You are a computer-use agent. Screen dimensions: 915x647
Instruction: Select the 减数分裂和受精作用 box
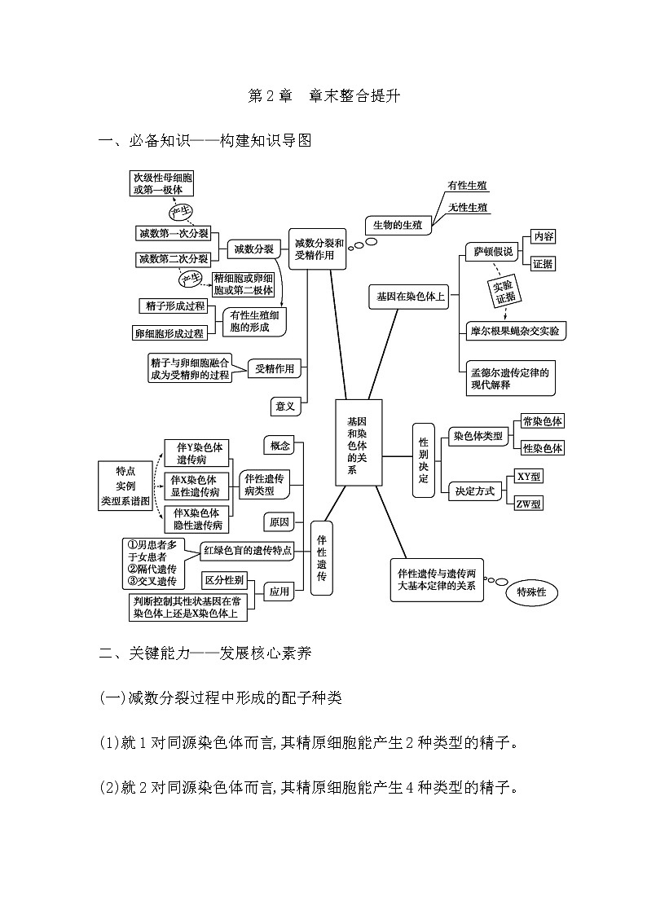click(x=319, y=248)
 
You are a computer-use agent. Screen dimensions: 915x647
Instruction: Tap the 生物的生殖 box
click(x=398, y=226)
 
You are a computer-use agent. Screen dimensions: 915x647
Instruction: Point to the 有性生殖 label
click(x=468, y=187)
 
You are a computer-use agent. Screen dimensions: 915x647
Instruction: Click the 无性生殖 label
click(x=468, y=208)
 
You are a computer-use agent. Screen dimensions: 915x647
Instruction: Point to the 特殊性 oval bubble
click(x=531, y=593)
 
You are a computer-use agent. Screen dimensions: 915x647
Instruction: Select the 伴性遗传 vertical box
click(x=322, y=558)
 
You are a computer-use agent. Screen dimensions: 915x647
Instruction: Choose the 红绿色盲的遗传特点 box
click(x=248, y=551)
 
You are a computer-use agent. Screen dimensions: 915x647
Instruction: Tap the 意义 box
click(x=286, y=405)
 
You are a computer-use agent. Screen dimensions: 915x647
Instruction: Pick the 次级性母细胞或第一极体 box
click(x=163, y=183)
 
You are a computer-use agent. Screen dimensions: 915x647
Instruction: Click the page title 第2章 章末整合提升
click(x=323, y=96)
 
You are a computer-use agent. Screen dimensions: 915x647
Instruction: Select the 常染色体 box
click(x=543, y=422)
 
